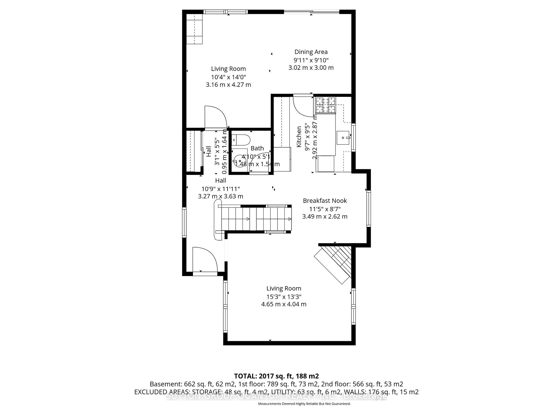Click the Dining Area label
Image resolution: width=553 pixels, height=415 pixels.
(311, 52)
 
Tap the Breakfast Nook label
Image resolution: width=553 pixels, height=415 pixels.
(325, 201)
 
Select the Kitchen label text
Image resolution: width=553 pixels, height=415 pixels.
(299, 137)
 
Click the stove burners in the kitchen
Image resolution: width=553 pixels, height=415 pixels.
(326, 105)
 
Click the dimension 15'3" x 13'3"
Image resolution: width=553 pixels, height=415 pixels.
(284, 297)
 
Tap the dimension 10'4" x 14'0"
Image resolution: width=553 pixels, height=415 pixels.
(228, 77)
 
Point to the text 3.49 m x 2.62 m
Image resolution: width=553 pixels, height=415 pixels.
(325, 216)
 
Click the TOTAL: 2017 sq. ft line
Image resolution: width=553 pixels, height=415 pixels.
(276, 376)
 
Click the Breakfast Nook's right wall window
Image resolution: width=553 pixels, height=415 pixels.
(368, 209)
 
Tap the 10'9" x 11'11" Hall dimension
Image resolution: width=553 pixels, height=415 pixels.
(220, 189)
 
